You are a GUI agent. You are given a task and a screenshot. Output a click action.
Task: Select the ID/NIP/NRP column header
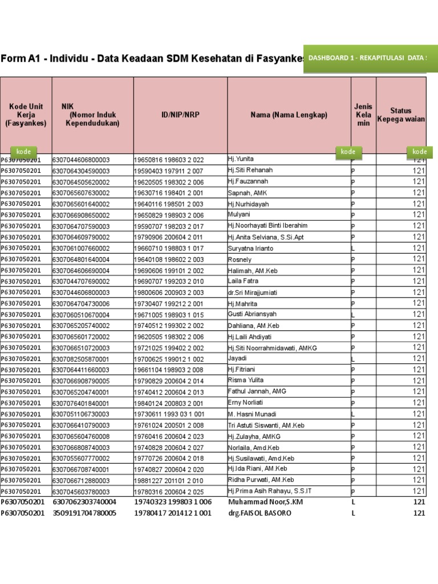[180, 115]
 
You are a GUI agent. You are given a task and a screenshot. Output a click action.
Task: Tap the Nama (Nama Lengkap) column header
[289, 115]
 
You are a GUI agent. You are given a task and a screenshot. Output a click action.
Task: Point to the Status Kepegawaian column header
[401, 115]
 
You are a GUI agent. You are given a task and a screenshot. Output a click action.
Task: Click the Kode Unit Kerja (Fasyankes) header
[26, 115]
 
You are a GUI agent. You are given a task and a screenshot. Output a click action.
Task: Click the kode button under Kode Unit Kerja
[23, 152]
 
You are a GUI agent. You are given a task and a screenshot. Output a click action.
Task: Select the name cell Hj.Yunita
[241, 159]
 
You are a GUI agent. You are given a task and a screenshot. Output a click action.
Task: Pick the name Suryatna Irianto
[250, 248]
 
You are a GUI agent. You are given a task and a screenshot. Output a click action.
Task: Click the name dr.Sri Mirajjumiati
[253, 293]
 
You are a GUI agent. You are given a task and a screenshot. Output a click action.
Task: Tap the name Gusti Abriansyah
[251, 314]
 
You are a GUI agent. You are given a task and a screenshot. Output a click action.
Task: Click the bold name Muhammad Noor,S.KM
[261, 502]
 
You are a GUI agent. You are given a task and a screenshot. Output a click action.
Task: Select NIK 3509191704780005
[85, 513]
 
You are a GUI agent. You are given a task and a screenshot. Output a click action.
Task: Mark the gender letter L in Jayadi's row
[353, 359]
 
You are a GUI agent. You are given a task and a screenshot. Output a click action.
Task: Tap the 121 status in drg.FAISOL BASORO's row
[419, 513]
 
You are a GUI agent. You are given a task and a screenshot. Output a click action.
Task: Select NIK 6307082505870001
[81, 359]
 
